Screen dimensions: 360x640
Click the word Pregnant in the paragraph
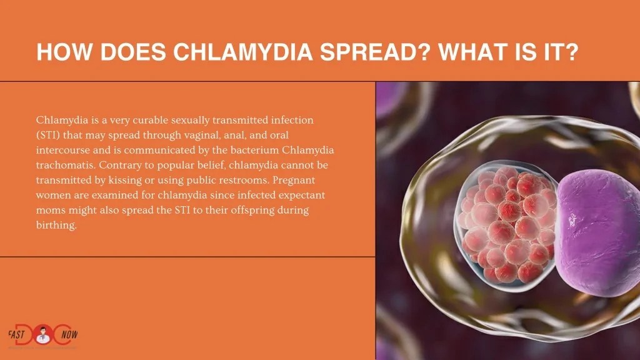click(303, 180)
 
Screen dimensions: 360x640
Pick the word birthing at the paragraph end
click(56, 226)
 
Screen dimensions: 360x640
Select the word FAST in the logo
click(18, 334)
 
